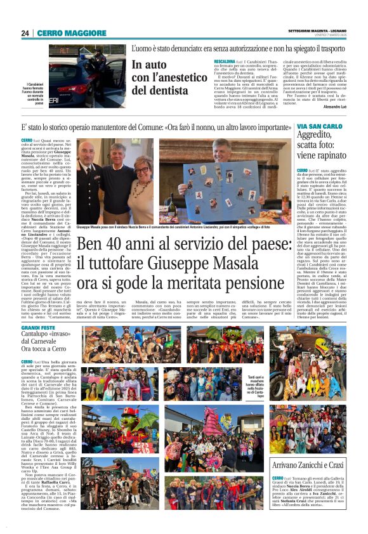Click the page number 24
point(25,33)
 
